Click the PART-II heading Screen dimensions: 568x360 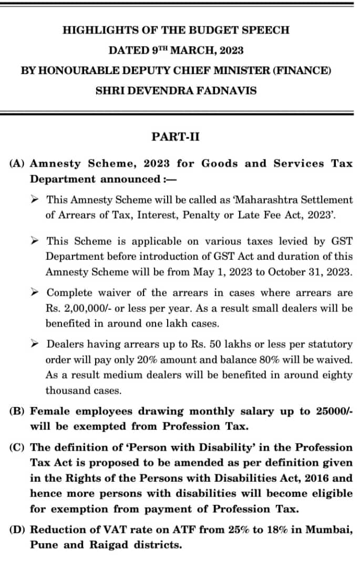(x=175, y=137)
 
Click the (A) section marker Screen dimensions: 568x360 (x=18, y=164)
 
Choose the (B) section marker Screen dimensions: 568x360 (x=18, y=411)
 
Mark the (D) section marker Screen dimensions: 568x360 (x=18, y=530)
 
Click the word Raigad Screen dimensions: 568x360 (x=115, y=545)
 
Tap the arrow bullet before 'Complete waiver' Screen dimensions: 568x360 (x=34, y=292)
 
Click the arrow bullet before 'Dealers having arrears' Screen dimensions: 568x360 (x=34, y=343)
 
